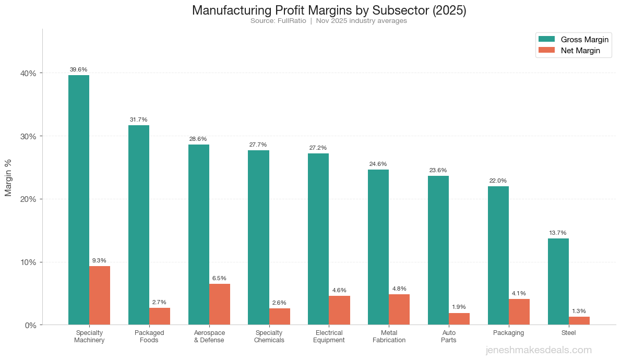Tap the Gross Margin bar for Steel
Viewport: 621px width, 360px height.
pos(558,282)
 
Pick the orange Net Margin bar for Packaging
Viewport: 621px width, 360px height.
pos(519,312)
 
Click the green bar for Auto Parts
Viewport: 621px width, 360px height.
pos(438,250)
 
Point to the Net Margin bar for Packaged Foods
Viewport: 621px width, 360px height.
pos(160,316)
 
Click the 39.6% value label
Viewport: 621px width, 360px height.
pos(79,69)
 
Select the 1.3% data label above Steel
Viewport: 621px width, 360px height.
pos(579,311)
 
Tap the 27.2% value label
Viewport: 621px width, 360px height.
pos(318,148)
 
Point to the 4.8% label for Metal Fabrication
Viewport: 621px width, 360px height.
pos(399,289)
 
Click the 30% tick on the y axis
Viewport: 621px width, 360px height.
pos(28,136)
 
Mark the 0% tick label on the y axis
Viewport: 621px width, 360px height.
pos(30,325)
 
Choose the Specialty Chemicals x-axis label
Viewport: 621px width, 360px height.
pos(269,337)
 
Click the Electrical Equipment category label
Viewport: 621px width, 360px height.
pos(329,337)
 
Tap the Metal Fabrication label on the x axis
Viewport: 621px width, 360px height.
pos(389,337)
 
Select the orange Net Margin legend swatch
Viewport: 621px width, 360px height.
pos(546,50)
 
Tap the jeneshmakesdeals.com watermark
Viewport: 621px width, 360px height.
pos(539,350)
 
